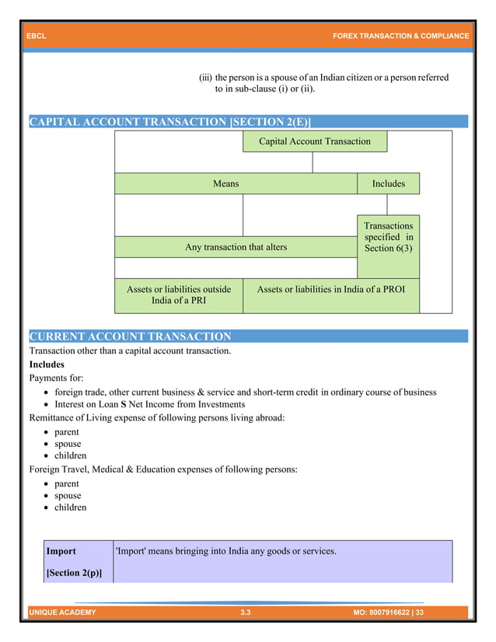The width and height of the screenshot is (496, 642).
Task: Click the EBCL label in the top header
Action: (x=37, y=37)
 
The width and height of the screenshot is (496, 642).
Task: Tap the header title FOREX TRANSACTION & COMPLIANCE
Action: (x=400, y=37)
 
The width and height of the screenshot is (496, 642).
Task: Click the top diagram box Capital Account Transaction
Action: (x=314, y=141)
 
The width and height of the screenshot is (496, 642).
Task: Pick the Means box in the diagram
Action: (x=226, y=183)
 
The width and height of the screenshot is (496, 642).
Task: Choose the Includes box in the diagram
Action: (x=388, y=183)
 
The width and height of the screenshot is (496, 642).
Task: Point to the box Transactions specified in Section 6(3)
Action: (x=388, y=237)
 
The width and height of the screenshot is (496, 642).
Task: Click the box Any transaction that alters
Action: (x=236, y=247)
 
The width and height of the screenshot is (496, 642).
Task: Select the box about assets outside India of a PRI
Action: (x=179, y=295)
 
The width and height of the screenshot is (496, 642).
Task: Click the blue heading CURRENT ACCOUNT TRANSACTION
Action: (x=130, y=337)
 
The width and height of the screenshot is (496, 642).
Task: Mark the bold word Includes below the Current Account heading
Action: (x=47, y=364)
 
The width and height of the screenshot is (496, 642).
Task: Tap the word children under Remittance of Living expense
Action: (x=70, y=455)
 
